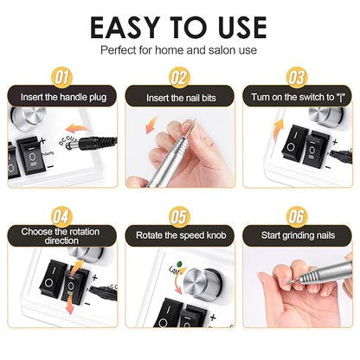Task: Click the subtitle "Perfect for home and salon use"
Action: pos(180,50)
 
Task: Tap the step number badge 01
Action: pos(62,77)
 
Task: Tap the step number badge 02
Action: pos(179,77)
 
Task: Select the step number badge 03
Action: pos(297,77)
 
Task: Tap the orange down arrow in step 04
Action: pos(69,307)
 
